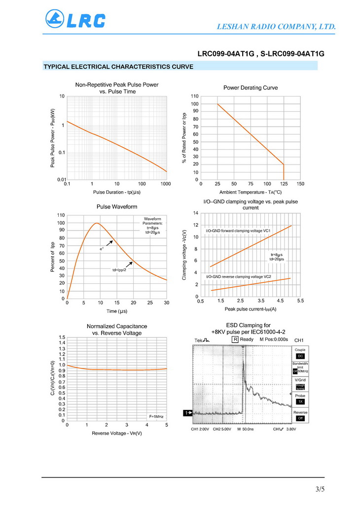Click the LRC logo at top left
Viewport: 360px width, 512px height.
75,19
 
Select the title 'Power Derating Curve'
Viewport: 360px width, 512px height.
251,88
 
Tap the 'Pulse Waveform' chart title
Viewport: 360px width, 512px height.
117,206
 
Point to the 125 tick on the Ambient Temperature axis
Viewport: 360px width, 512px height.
284,184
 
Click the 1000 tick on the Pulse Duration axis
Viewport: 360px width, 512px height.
166,184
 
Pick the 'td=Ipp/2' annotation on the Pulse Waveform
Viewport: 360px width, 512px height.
119,270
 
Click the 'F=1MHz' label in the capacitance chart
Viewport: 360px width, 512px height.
156,416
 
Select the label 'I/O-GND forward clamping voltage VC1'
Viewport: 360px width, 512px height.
238,231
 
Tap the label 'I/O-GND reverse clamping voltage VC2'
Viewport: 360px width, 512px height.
239,276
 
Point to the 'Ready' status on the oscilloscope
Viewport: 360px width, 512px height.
247,340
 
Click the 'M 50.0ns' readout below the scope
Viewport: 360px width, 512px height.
245,429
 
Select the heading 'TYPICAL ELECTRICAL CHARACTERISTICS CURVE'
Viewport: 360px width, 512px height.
118,67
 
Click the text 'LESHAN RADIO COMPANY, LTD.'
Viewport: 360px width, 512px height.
277,26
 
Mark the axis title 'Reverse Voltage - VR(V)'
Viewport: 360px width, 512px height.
117,433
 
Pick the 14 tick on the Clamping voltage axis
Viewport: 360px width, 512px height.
196,213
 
